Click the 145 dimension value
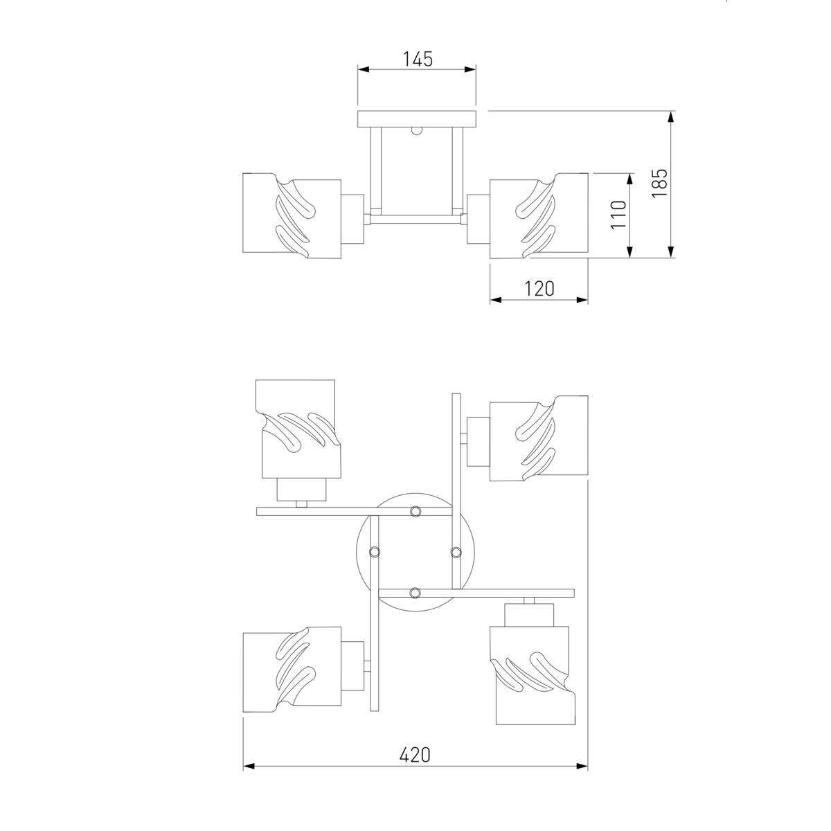tap(417, 59)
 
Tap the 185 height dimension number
tap(659, 183)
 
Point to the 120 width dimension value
tap(539, 289)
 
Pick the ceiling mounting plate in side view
tap(417, 119)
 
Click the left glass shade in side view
tap(292, 215)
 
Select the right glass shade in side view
tap(539, 215)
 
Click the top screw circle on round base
tap(415, 511)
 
